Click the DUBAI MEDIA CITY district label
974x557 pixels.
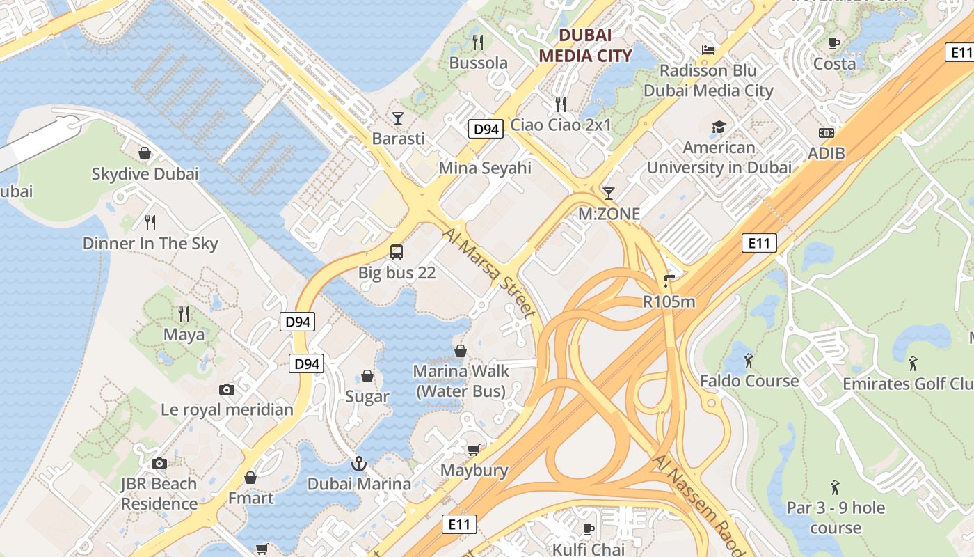[586, 45]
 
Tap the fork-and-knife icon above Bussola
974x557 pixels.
[478, 42]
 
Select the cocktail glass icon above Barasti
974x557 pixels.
[398, 118]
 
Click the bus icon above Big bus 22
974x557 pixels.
[397, 252]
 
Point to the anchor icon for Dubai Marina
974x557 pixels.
[358, 463]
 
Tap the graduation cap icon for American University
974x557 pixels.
[719, 127]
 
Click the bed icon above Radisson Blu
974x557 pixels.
[708, 50]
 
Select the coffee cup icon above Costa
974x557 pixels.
[834, 43]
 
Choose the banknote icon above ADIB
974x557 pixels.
[827, 132]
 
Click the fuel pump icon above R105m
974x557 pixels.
[669, 281]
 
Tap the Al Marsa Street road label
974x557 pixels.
[490, 273]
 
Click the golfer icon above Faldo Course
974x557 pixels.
[749, 361]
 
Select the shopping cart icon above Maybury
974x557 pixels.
[474, 450]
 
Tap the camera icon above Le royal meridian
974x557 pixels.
[227, 389]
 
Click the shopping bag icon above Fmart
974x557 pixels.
[250, 478]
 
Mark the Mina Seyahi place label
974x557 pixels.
[484, 168]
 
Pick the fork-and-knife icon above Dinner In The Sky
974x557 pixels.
[150, 223]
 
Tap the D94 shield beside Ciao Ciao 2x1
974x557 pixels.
[485, 129]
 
